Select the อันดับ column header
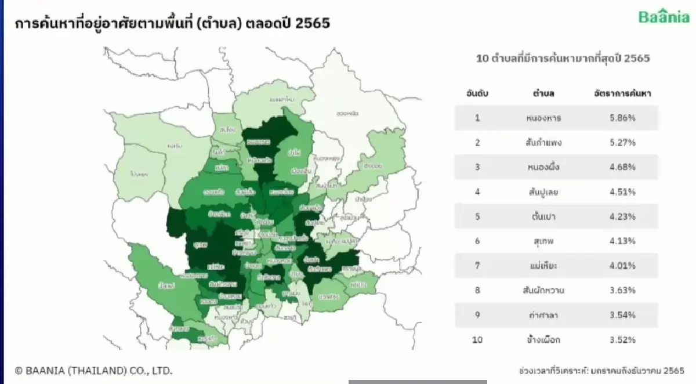(x=477, y=93)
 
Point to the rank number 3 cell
(x=477, y=167)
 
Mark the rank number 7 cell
(x=477, y=266)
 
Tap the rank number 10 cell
(x=477, y=339)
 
